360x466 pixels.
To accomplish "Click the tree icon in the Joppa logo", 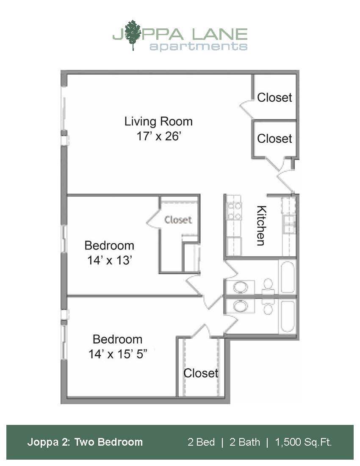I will click(x=133, y=34).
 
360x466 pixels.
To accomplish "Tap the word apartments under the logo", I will click(x=198, y=45).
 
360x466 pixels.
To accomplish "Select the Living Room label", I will click(x=158, y=122).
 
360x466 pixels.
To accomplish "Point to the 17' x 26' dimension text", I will click(x=158, y=137).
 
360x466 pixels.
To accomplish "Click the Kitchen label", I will click(x=261, y=225).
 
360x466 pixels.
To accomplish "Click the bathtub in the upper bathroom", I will click(x=287, y=277).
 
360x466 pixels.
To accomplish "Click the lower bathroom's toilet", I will click(x=268, y=307).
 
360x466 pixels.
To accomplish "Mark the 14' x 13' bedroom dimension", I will click(x=109, y=261).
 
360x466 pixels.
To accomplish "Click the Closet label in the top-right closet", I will click(x=274, y=97).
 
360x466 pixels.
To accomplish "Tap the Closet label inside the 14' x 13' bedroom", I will click(x=178, y=220).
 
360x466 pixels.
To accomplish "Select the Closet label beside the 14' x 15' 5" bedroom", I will click(x=201, y=373).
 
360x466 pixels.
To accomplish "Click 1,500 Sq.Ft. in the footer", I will click(x=303, y=442).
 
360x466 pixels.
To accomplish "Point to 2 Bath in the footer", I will click(x=245, y=442).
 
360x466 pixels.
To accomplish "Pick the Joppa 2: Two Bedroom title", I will click(x=85, y=442).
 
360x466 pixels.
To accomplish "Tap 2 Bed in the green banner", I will click(x=201, y=442).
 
